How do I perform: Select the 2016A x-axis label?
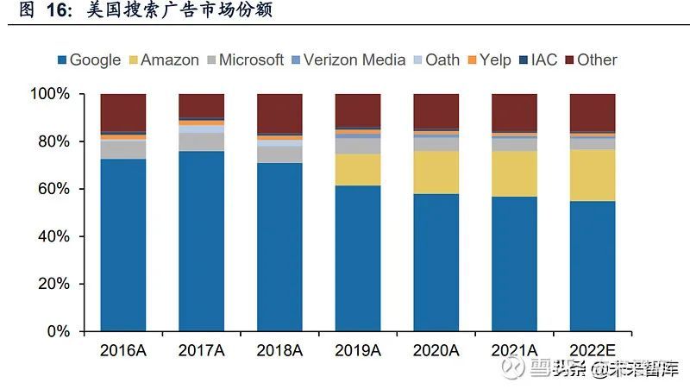[x=122, y=350]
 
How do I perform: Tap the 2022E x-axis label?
[x=593, y=350]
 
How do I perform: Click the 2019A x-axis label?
[x=358, y=350]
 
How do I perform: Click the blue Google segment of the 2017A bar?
[x=201, y=242]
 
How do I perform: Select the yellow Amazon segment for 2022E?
[x=593, y=175]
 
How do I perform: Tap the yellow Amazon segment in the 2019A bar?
[x=358, y=169]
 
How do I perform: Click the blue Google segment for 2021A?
[x=514, y=264]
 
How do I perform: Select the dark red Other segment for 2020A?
[x=436, y=111]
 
